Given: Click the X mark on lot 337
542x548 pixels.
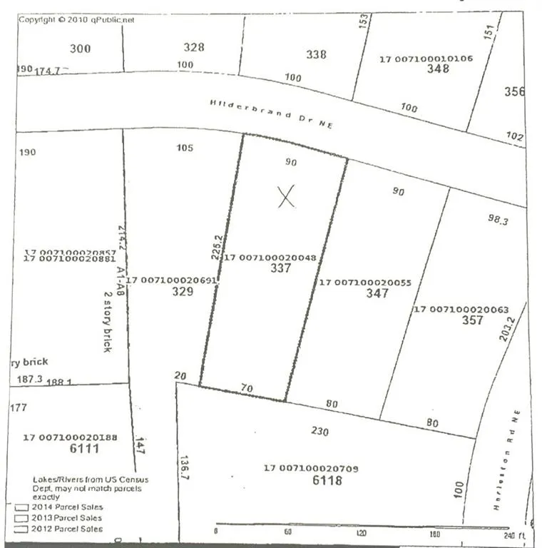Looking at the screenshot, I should pyautogui.click(x=286, y=196).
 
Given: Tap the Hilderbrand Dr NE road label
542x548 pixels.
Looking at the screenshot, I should pyautogui.click(x=271, y=113).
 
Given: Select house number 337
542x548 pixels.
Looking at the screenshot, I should pyautogui.click(x=281, y=269).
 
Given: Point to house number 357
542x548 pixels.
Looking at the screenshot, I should pyautogui.click(x=472, y=320).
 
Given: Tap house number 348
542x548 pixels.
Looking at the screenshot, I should pyautogui.click(x=438, y=69).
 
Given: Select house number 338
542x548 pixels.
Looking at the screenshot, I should pyautogui.click(x=316, y=55).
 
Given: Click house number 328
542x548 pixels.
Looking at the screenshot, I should pyautogui.click(x=194, y=48).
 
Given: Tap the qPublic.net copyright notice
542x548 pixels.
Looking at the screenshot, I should pyautogui.click(x=76, y=20).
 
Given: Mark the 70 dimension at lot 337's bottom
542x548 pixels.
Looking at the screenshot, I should pyautogui.click(x=247, y=389).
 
